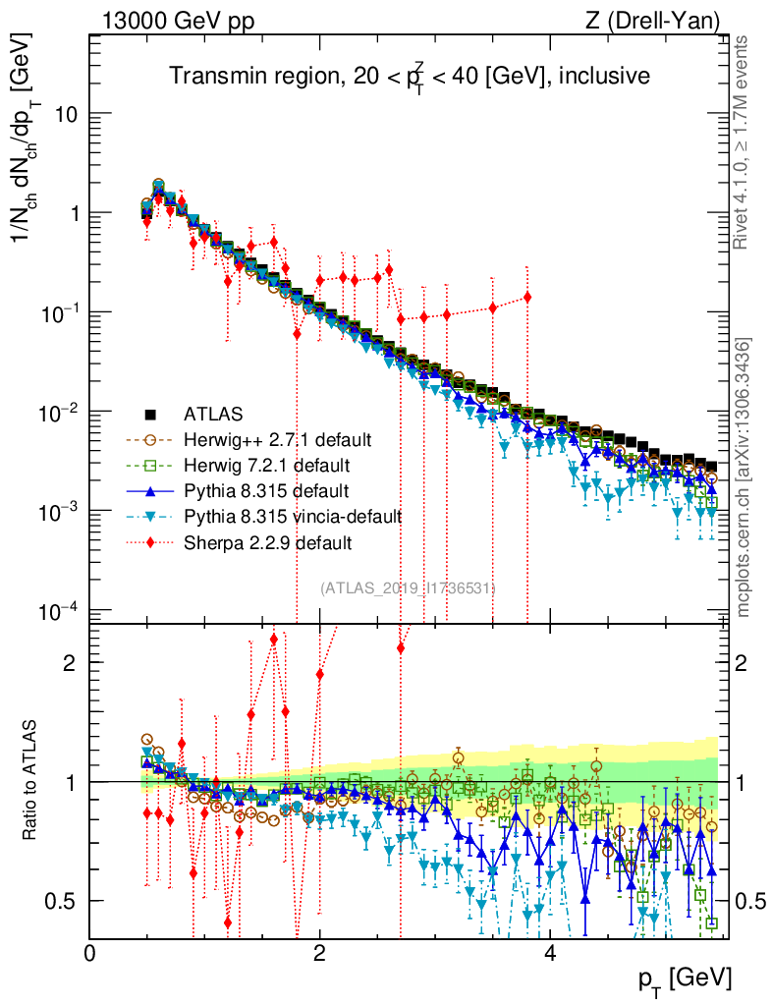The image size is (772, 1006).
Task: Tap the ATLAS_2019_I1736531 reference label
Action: [408, 587]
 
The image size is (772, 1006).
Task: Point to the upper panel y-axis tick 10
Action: [65, 114]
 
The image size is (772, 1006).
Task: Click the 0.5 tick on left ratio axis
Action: [63, 901]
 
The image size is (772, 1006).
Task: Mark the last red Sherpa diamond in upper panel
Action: [527, 297]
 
